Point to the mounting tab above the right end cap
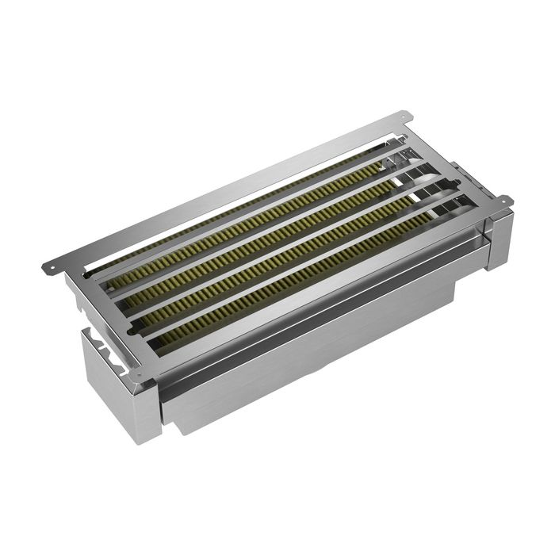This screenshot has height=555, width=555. pos(501,203)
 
